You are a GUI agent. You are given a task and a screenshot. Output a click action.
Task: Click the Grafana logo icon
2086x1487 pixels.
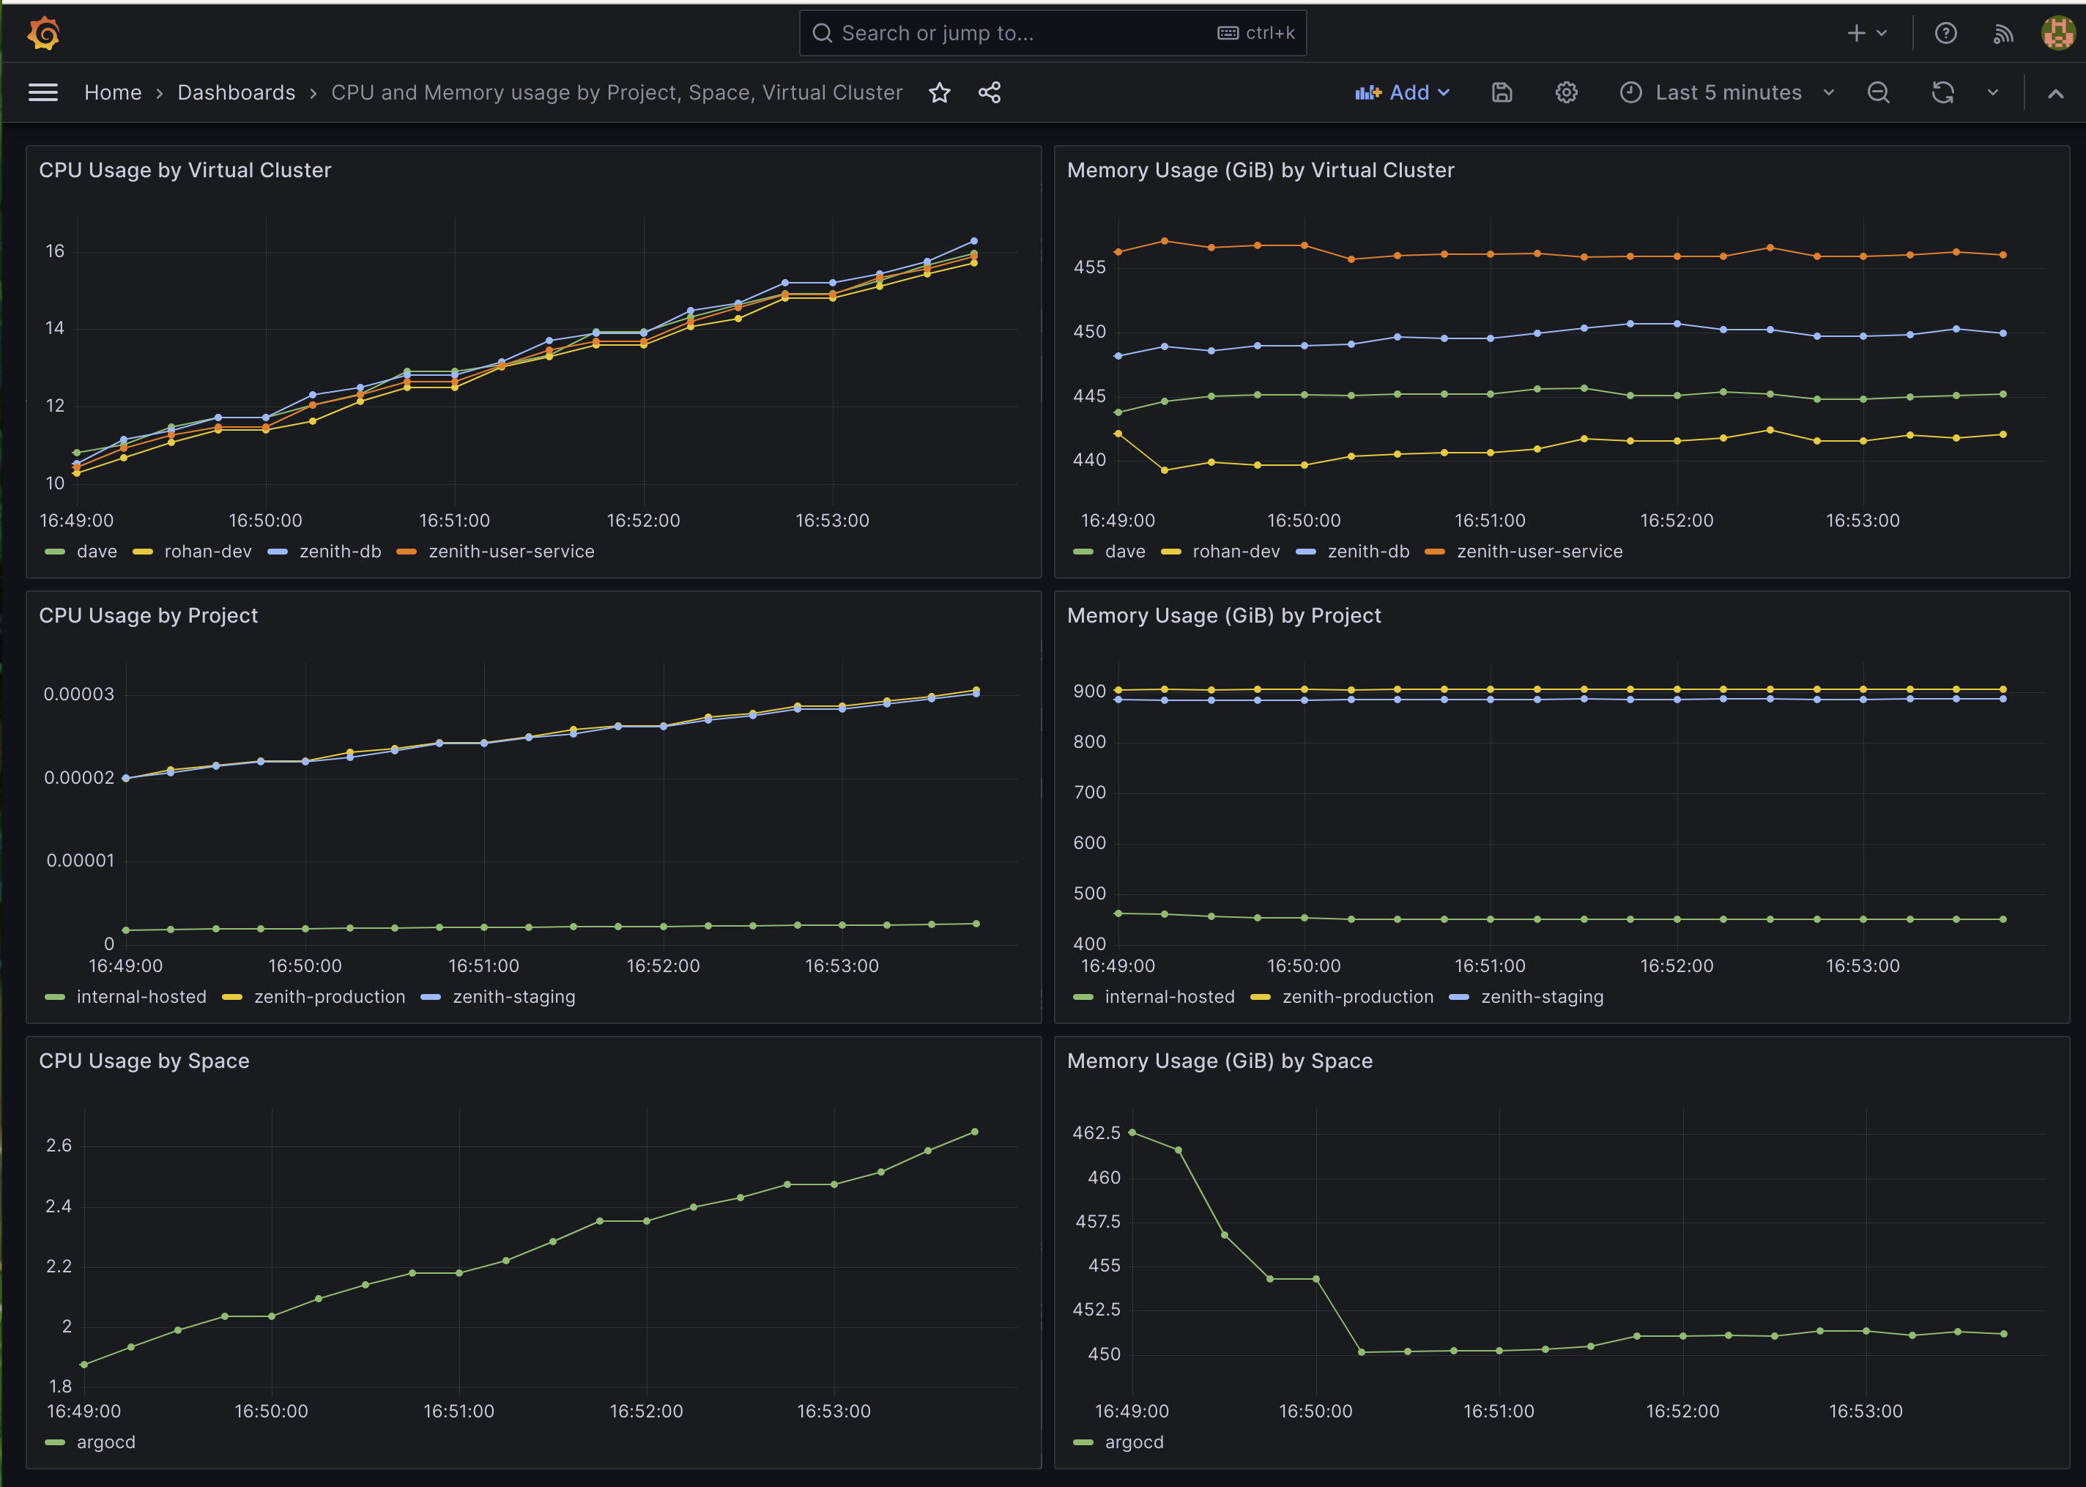point(43,34)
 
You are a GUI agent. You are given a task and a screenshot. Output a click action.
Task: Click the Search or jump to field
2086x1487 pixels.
point(1007,34)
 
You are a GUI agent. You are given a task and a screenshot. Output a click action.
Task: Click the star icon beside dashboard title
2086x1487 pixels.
point(939,92)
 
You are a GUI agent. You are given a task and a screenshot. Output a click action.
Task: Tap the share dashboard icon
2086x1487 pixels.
point(990,92)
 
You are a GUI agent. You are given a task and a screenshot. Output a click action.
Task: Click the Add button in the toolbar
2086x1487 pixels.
point(1402,92)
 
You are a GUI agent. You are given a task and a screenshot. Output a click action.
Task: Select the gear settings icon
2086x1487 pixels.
point(1566,92)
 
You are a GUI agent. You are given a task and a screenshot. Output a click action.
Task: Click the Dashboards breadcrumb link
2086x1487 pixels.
point(236,92)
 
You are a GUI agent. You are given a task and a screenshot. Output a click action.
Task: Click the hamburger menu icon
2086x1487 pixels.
point(43,92)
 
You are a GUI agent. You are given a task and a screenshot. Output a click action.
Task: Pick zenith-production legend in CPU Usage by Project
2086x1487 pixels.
point(330,997)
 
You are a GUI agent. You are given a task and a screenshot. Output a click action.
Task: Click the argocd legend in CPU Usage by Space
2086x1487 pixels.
point(106,1442)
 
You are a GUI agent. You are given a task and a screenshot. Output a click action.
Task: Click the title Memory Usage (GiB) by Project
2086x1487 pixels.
point(1223,616)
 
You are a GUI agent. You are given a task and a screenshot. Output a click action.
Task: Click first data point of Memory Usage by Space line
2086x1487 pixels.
point(1132,1132)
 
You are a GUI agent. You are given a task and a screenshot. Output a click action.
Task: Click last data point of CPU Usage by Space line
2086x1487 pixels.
point(974,1132)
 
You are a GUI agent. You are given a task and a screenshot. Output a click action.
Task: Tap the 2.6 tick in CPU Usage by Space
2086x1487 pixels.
point(59,1146)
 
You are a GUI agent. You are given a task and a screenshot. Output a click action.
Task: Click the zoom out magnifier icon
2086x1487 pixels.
point(1877,92)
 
